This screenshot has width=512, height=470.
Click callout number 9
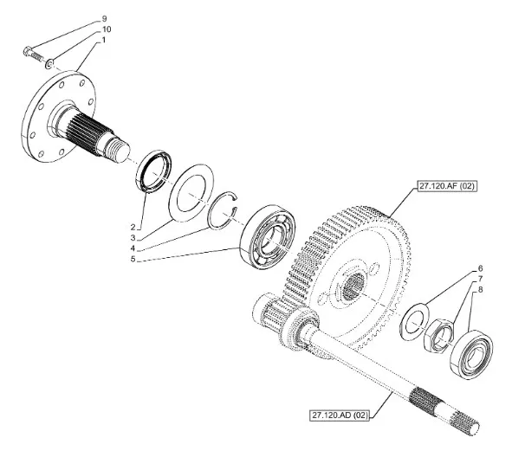pyautogui.click(x=104, y=18)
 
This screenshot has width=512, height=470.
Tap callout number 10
pyautogui.click(x=107, y=29)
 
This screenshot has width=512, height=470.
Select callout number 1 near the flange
pyautogui.click(x=104, y=40)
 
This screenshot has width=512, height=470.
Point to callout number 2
pyautogui.click(x=133, y=227)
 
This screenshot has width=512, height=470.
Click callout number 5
pyautogui.click(x=133, y=260)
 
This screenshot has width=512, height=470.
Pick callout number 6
pyautogui.click(x=480, y=268)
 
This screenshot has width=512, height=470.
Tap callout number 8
pyautogui.click(x=480, y=289)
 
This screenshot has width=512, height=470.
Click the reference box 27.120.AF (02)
pyautogui.click(x=445, y=186)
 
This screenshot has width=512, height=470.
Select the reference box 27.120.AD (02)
pyautogui.click(x=340, y=415)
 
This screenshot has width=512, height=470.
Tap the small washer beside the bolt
pyautogui.click(x=49, y=63)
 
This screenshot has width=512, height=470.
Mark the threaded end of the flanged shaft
pyautogui.click(x=118, y=150)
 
